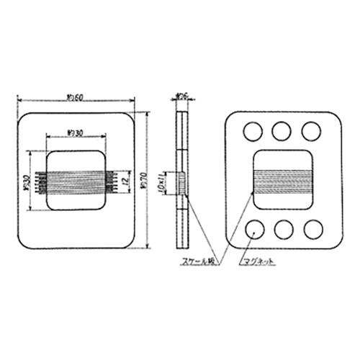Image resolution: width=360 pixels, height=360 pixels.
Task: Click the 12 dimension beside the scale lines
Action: [127, 179]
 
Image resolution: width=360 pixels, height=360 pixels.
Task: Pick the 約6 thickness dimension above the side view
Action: [183, 95]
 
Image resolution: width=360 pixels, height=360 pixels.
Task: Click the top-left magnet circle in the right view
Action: [253, 130]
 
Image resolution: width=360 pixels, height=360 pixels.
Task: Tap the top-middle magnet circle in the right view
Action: [282, 130]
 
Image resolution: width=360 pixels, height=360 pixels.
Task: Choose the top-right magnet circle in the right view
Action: [311, 130]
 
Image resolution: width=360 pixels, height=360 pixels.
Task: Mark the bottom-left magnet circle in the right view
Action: [253, 228]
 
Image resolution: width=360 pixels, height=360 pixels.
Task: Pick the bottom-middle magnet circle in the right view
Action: [283, 228]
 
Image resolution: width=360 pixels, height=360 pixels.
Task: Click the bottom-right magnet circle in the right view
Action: [312, 228]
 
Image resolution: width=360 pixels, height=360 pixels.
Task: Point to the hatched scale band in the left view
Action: [75, 181]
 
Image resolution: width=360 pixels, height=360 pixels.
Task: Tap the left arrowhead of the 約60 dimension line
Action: [19, 102]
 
